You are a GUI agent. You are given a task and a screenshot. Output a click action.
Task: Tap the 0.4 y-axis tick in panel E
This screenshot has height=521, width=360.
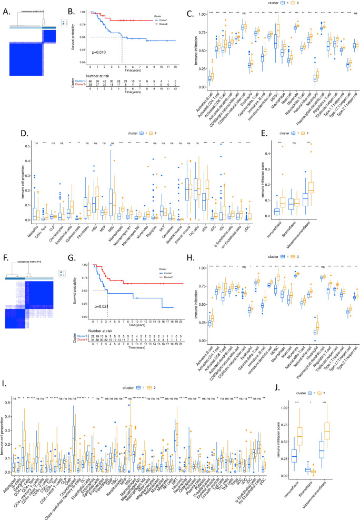[266, 154]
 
